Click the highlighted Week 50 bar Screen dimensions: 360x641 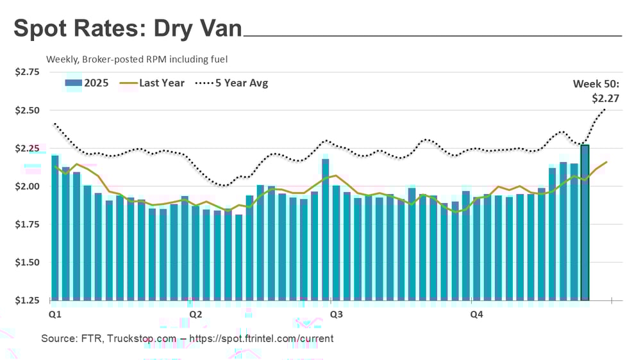tap(585, 222)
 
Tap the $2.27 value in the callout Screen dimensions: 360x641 tap(605, 99)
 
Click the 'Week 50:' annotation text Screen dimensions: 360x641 tap(597, 83)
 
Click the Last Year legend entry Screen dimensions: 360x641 tap(153, 83)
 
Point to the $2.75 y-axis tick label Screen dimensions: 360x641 tap(26, 72)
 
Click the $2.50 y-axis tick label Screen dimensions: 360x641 tap(26, 110)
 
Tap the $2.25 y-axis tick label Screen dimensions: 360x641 tap(26, 149)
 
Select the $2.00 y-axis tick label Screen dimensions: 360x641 tap(26, 186)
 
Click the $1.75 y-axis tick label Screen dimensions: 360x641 tap(26, 224)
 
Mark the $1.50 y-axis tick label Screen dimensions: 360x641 tap(26, 262)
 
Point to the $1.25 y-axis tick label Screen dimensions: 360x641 tap(26, 300)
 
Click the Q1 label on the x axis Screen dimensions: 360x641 tap(56, 315)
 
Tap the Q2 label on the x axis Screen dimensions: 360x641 tap(196, 315)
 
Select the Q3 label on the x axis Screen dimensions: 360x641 tap(335, 315)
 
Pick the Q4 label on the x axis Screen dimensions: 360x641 tap(476, 315)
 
